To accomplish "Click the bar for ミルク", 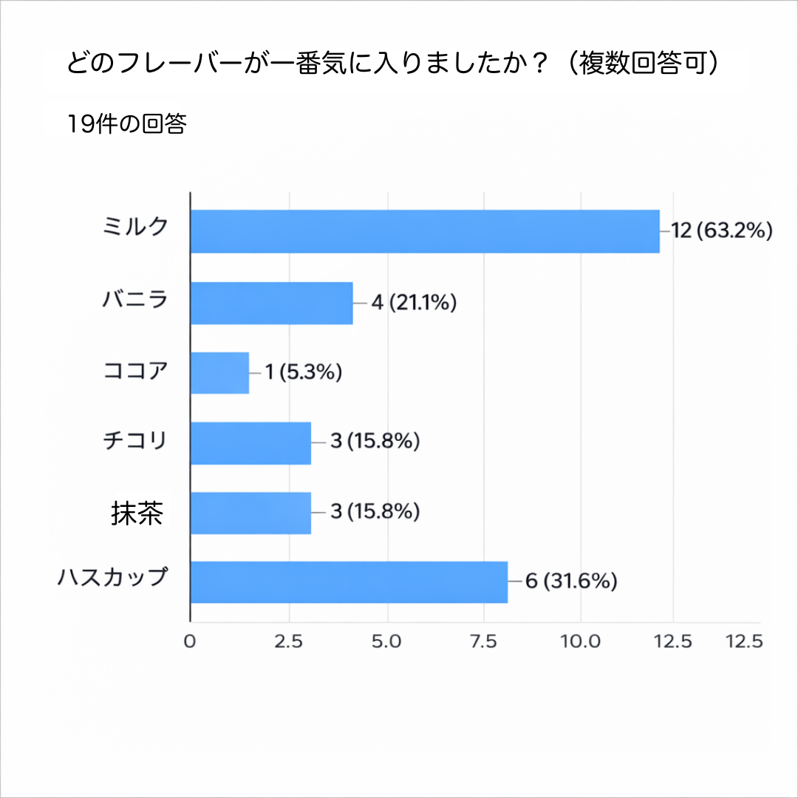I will [425, 231].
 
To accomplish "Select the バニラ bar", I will [271, 303].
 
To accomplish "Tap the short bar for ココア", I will [219, 372].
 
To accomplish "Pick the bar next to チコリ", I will [250, 443].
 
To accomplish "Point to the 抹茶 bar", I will [250, 512].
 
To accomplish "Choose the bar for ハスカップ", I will [349, 582].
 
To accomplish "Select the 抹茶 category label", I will [137, 513].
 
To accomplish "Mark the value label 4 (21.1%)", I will [414, 303].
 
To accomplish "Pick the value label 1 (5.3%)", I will [304, 372].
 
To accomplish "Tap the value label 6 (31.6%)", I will [571, 582].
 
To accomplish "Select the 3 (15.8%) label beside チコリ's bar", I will [375, 443].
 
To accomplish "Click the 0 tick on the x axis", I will [190, 641].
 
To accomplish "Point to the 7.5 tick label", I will [483, 641].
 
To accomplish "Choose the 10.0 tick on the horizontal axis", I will [581, 641].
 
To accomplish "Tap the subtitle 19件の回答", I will [126, 123].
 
